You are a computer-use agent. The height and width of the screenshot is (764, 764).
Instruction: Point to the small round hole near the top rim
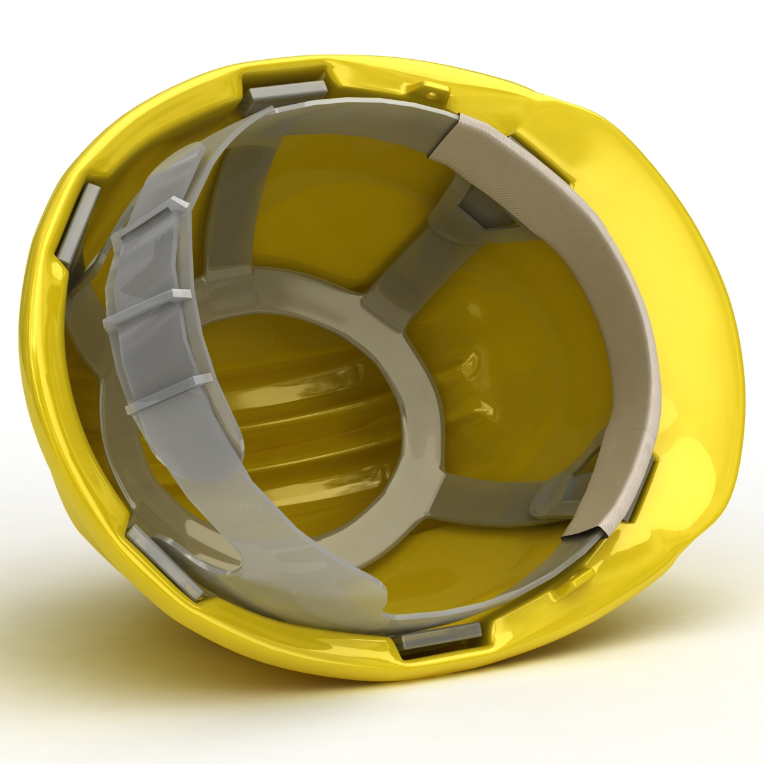(432, 94)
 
